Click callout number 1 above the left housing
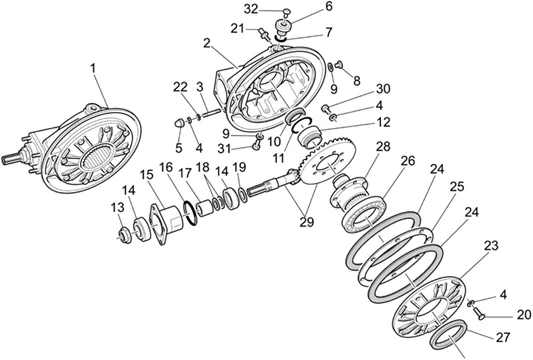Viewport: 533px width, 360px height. pyautogui.click(x=92, y=68)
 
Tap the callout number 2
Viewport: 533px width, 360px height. pyautogui.click(x=205, y=44)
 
